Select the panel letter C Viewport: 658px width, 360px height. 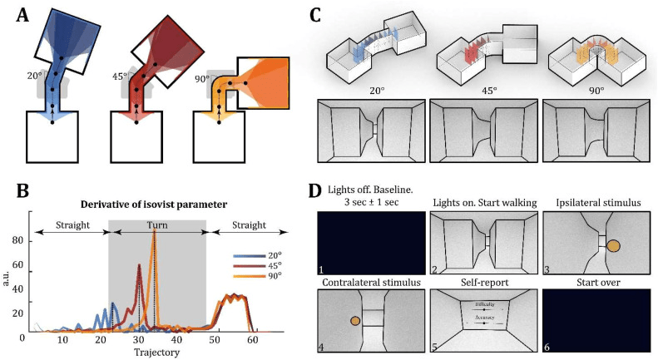coord(316,14)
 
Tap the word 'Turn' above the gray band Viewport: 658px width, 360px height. coord(157,224)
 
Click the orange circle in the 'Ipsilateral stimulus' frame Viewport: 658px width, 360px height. coord(613,246)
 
